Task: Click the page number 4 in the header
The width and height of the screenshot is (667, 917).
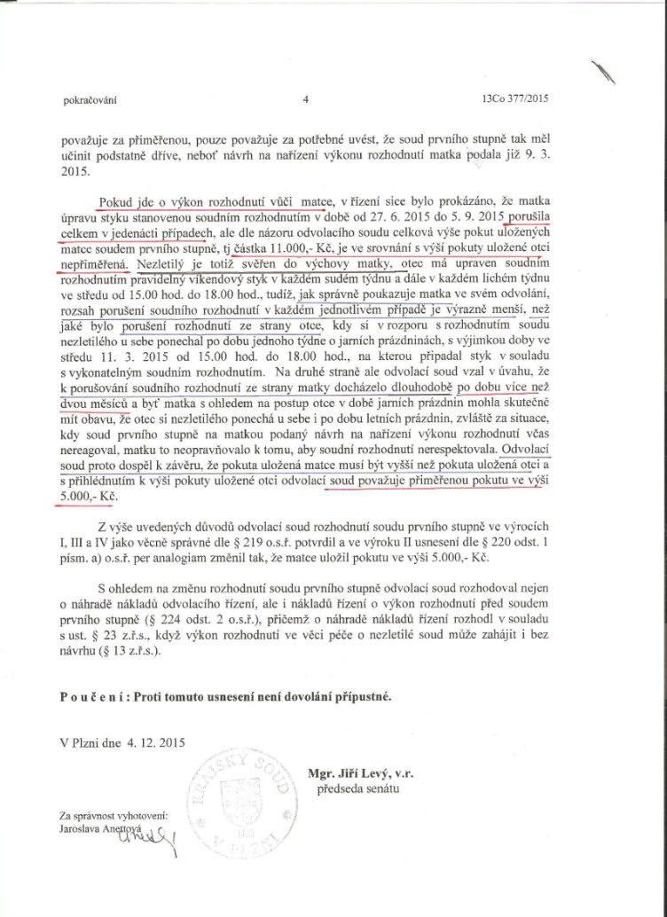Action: [x=304, y=99]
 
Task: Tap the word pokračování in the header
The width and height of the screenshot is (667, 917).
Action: [x=90, y=100]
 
